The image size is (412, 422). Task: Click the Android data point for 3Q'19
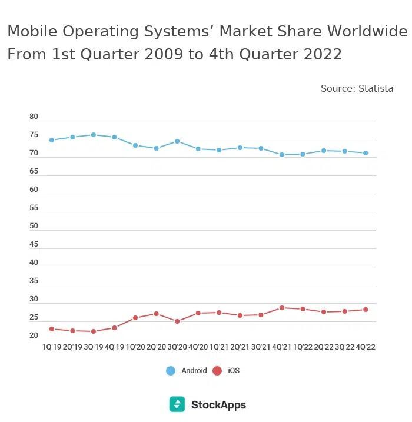coord(93,135)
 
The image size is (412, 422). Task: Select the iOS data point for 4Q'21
coord(282,308)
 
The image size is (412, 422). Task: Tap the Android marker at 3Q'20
coord(177,141)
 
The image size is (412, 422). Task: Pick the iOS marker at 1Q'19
coord(52,329)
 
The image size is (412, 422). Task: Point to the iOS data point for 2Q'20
coord(156,314)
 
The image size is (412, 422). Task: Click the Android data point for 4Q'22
coord(366,153)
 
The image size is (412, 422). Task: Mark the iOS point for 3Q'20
coord(177,321)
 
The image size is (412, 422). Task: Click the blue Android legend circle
coord(171,371)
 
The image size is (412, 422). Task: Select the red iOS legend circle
coord(217,371)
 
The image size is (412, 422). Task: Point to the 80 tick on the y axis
coord(34,117)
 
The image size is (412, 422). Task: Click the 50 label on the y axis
coord(34,227)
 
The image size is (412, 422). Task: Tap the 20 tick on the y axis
coord(34,336)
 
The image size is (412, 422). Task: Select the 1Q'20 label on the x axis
coord(135,347)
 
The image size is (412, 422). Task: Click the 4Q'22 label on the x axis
coord(366,347)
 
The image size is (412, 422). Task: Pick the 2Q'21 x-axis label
coord(240,347)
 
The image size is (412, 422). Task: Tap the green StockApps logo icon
coord(177,404)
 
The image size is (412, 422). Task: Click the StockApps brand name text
coord(218,405)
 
